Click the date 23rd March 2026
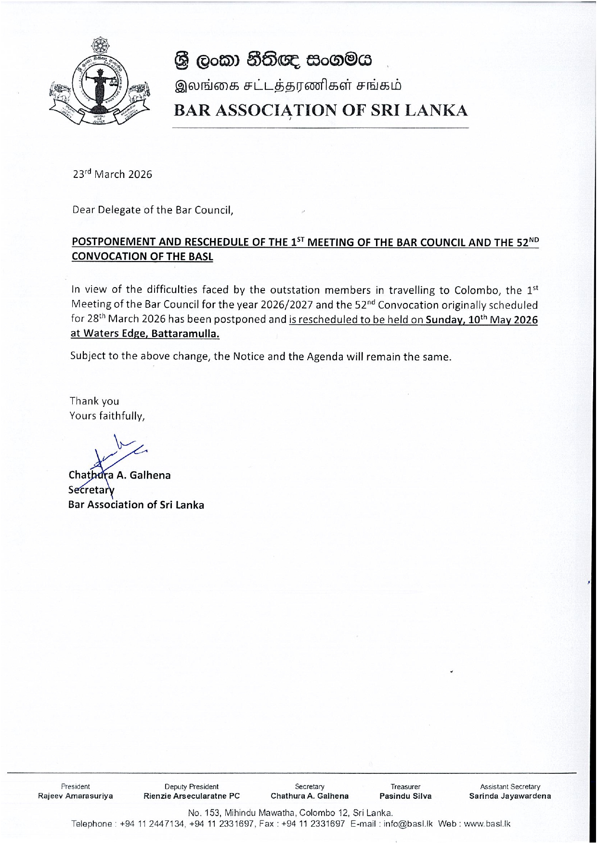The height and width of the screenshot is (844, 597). (112, 175)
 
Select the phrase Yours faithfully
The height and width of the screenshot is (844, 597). (107, 416)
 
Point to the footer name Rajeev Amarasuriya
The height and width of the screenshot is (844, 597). (76, 796)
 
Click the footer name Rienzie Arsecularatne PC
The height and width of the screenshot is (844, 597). (192, 796)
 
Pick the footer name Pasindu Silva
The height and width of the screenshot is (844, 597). (405, 796)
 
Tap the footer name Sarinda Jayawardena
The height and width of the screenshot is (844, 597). (510, 796)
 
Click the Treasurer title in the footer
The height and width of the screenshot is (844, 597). (405, 787)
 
